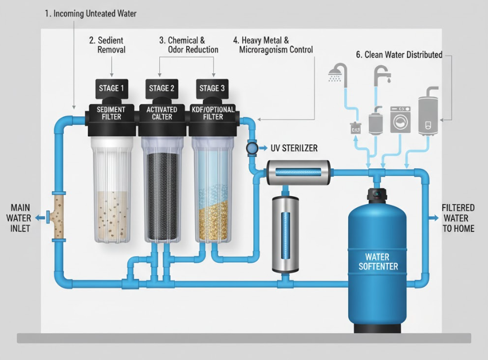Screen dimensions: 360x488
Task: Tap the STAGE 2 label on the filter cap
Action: pyautogui.click(x=162, y=88)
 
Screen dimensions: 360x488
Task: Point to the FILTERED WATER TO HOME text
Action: pyautogui.click(x=458, y=217)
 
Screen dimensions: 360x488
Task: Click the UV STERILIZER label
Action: pyautogui.click(x=294, y=148)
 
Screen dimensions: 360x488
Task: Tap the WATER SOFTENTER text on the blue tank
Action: pyautogui.click(x=378, y=262)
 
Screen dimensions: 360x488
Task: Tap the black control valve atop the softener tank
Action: pyautogui.click(x=377, y=196)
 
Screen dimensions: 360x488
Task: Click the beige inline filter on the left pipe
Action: pyautogui.click(x=58, y=217)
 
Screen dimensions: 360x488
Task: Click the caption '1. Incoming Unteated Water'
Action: pyautogui.click(x=91, y=13)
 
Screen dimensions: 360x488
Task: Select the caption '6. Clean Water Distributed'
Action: pyautogui.click(x=399, y=55)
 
